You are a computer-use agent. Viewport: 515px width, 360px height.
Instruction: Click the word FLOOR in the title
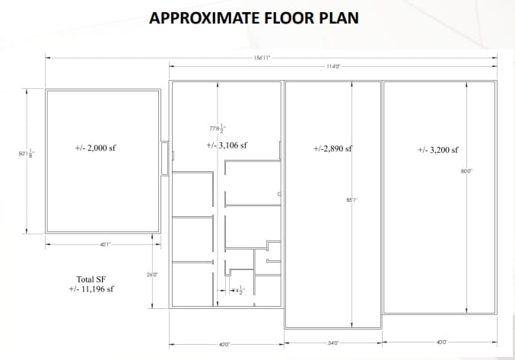[x=290, y=18]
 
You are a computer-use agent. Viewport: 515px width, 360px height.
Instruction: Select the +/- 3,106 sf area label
[x=227, y=145]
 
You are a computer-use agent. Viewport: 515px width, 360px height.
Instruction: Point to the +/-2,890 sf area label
[x=332, y=149]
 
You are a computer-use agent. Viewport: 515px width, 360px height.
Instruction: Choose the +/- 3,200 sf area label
[x=438, y=150]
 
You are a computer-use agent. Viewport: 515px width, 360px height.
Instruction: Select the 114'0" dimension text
[x=332, y=67]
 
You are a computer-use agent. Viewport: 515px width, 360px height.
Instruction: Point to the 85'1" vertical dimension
[x=351, y=200]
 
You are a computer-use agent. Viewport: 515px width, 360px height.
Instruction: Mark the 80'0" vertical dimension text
[x=467, y=171]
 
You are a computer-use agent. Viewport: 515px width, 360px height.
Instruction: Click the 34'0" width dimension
[x=332, y=342]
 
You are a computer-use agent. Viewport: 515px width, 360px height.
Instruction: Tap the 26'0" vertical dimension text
[x=152, y=275]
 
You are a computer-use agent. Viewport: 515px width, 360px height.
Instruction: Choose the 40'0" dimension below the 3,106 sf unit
[x=224, y=345]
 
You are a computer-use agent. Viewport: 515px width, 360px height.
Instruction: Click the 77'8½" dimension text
[x=218, y=129]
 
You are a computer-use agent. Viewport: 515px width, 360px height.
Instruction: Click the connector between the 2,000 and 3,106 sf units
[x=166, y=158]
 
